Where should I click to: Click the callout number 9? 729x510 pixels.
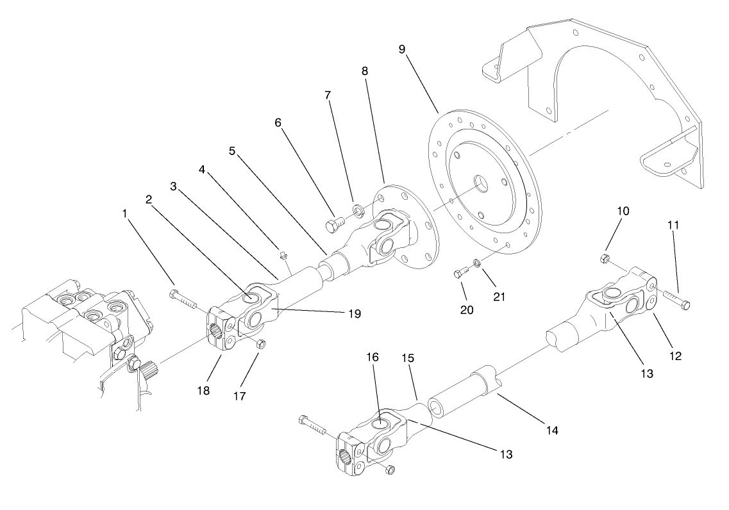401,50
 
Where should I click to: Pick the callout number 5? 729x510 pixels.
233,152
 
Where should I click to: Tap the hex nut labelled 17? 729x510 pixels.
260,345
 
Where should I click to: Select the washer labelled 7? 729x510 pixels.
358,208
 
